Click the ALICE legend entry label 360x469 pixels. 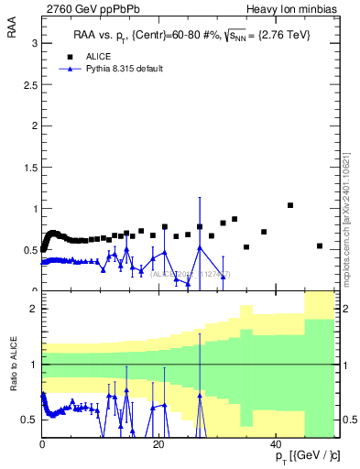tap(100, 56)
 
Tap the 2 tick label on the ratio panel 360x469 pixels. tap(33, 309)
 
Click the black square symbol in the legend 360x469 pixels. tap(65, 56)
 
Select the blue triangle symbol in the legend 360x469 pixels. tap(65, 68)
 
